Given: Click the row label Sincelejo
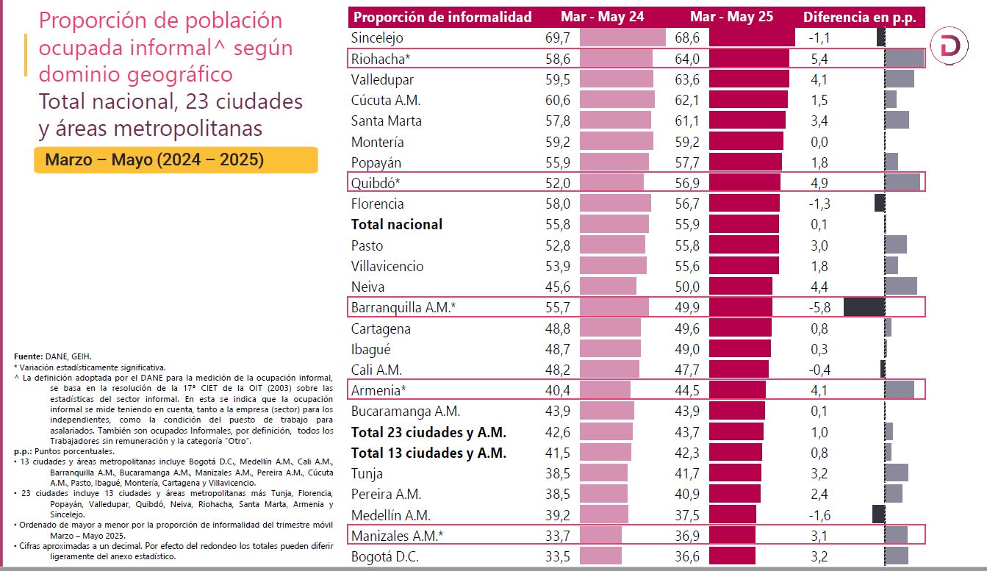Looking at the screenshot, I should (x=377, y=37).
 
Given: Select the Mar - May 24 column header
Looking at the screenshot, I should (x=602, y=17).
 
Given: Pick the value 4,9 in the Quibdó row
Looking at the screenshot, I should (x=819, y=183).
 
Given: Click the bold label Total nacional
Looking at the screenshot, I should (x=397, y=224).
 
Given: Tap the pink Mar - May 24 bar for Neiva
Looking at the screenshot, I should (x=608, y=287).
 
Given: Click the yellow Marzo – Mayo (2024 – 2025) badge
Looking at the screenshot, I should (x=176, y=159).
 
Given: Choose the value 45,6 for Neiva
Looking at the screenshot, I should (x=549, y=287).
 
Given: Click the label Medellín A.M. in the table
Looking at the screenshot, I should (x=390, y=514).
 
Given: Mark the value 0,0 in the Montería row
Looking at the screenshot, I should (x=819, y=142).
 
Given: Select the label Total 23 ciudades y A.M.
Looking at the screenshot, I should (x=428, y=432).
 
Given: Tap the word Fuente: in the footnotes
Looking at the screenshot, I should (x=29, y=356).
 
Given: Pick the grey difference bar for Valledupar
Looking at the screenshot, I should (x=900, y=79).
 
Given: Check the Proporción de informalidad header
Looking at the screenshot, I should (x=442, y=17).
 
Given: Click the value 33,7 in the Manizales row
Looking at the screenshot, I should (x=549, y=535).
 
